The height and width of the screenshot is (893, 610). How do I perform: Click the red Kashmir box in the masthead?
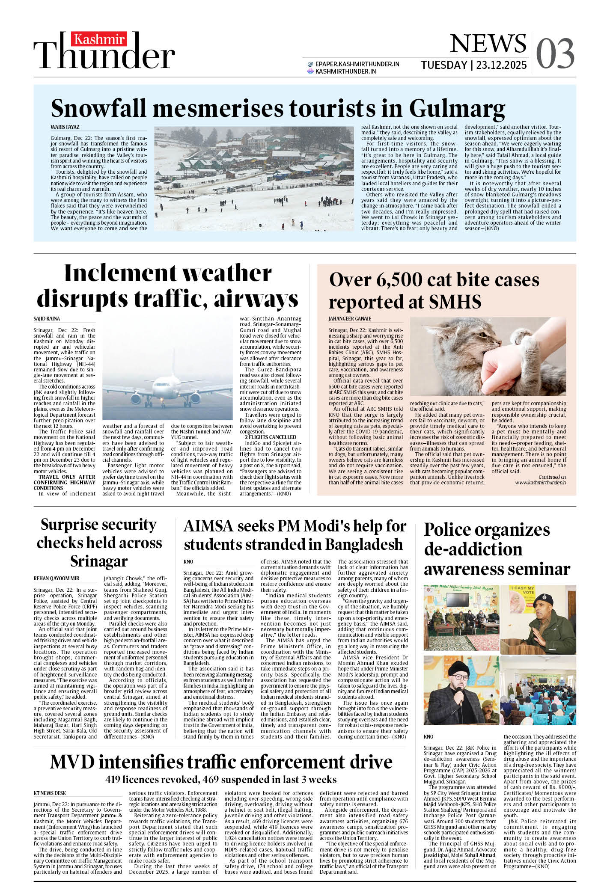click(x=99, y=39)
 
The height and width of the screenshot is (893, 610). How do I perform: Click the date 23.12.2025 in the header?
click(x=501, y=65)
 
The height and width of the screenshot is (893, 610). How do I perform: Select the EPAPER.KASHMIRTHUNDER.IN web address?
click(x=357, y=64)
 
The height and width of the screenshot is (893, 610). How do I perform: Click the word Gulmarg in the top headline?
click(x=457, y=109)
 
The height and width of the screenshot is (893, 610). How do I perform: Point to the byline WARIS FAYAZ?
click(x=65, y=127)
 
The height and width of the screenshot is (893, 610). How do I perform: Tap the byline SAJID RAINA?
click(x=47, y=319)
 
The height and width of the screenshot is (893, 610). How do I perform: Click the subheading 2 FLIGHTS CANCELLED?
click(x=270, y=437)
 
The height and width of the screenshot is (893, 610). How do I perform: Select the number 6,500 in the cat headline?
click(x=399, y=281)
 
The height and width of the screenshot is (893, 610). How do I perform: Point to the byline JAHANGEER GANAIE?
click(x=349, y=319)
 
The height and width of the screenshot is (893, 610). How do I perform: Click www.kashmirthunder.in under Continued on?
click(x=540, y=483)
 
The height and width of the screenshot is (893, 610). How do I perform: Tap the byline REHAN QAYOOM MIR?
click(x=57, y=579)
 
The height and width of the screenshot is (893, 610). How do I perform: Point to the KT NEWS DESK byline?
click(x=50, y=793)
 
